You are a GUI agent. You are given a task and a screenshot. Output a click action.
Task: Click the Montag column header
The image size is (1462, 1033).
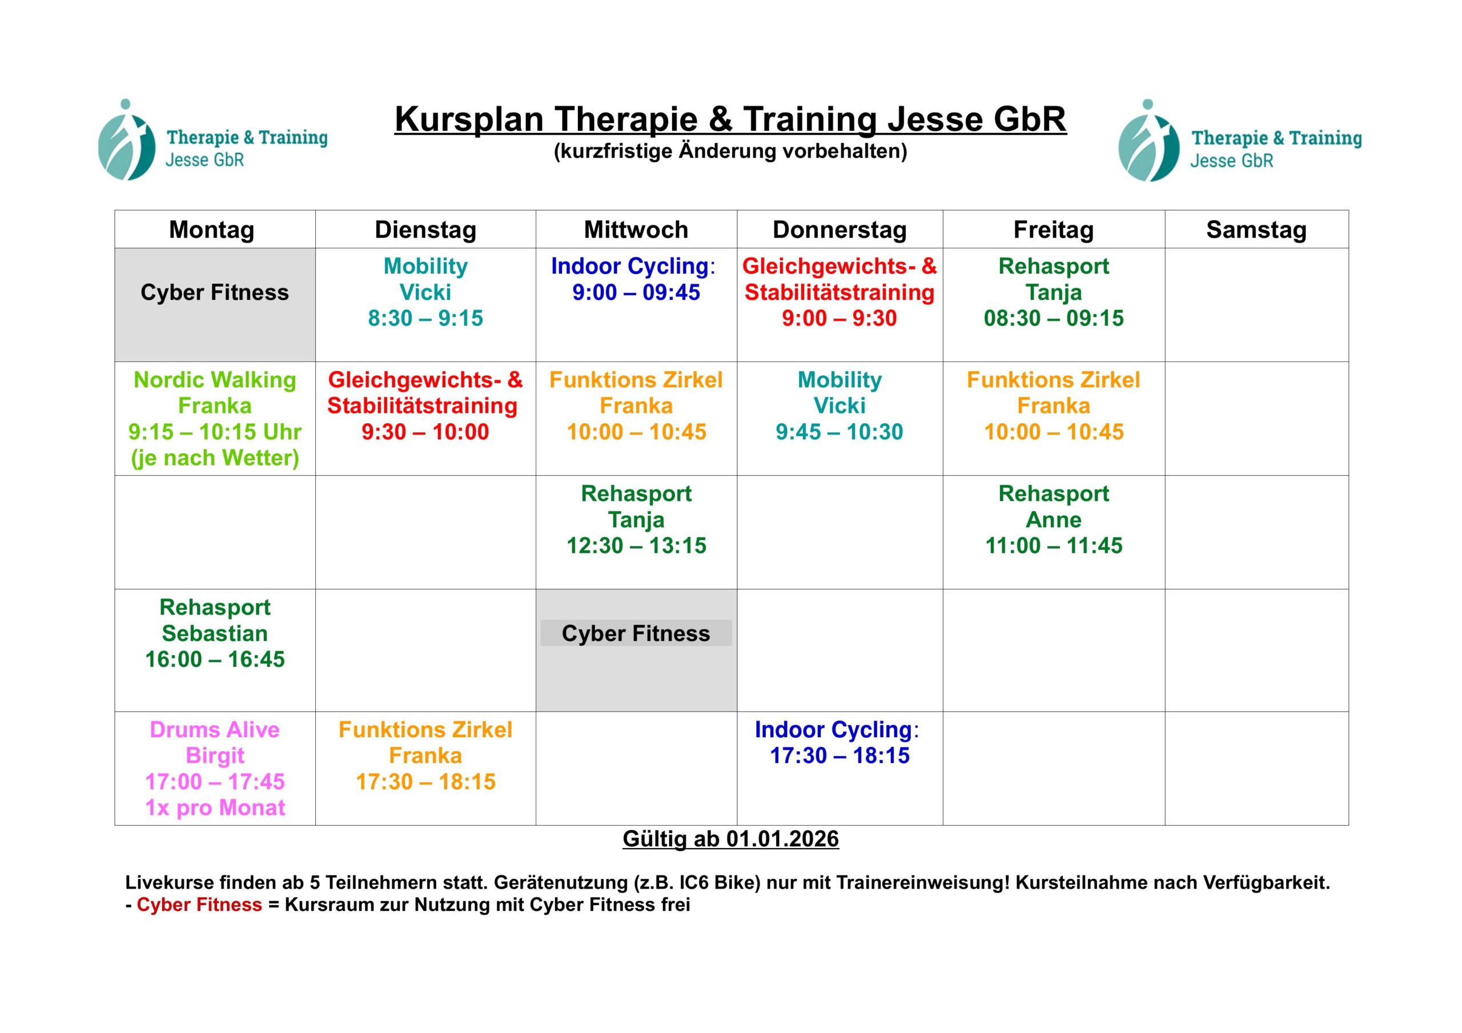[x=211, y=230]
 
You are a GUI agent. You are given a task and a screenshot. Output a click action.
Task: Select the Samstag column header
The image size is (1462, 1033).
[x=1256, y=230]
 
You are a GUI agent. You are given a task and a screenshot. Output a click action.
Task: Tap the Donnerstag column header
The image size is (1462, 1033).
[x=840, y=230]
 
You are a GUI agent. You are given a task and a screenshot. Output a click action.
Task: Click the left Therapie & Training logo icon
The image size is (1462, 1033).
[x=126, y=139]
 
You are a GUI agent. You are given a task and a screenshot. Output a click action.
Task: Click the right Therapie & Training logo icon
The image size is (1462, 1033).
[x=1148, y=140]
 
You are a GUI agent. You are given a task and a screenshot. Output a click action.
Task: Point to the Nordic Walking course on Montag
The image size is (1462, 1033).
[x=215, y=380]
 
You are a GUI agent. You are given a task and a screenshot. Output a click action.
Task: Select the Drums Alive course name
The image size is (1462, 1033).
[x=215, y=729]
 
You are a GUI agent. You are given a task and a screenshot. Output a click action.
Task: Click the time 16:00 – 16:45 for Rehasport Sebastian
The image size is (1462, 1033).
[x=215, y=659]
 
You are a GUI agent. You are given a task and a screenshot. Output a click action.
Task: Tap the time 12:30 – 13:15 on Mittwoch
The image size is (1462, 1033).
[x=636, y=545]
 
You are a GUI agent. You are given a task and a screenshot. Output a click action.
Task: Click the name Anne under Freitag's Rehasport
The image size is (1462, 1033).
[x=1053, y=520]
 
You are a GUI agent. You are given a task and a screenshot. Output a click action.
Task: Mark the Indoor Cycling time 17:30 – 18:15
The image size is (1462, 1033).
[x=840, y=755]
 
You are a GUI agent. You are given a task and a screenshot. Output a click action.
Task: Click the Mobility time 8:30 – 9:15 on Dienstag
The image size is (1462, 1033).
[x=425, y=318]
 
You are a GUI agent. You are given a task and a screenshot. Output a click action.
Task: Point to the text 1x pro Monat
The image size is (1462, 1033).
[x=215, y=807]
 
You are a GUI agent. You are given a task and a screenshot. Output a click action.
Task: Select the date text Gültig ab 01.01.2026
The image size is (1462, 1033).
[x=730, y=839]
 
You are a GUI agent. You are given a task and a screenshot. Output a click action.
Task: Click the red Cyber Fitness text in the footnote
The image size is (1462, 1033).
[x=199, y=905]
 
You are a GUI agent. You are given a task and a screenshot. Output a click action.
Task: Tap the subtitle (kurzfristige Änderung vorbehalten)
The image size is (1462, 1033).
[x=730, y=151]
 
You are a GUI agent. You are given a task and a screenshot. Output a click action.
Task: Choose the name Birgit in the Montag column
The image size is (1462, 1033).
[x=215, y=755]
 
